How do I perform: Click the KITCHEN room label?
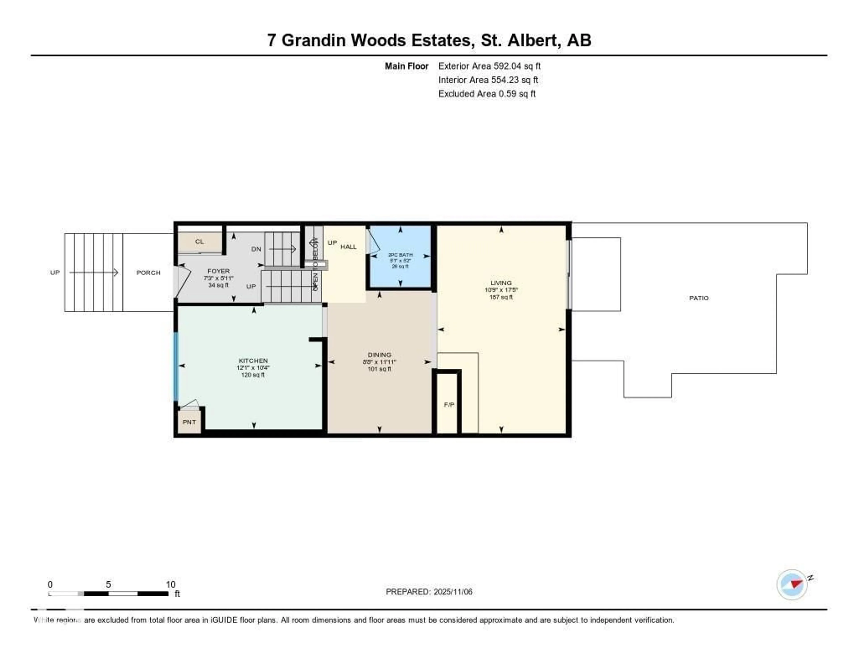253,360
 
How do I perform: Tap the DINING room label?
379,355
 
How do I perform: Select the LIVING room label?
501,283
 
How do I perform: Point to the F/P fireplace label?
449,404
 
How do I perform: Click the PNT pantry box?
189,422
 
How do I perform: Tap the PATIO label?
698,298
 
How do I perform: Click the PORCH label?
148,272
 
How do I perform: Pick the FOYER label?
219,271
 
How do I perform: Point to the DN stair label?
256,249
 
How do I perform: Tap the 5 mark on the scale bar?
108,584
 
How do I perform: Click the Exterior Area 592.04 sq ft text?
489,66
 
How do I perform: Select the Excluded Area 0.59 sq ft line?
487,93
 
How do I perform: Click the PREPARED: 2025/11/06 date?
429,591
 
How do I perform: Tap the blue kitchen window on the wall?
176,365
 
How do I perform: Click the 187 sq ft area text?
501,297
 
